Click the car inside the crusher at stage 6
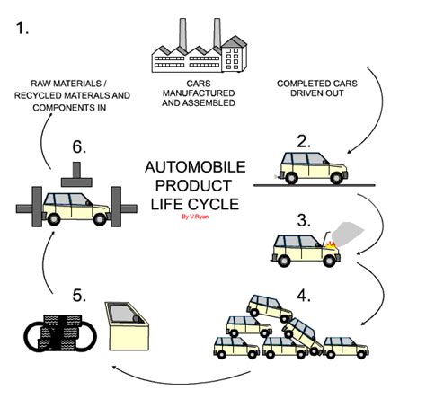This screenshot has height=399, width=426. tap(75, 210)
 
